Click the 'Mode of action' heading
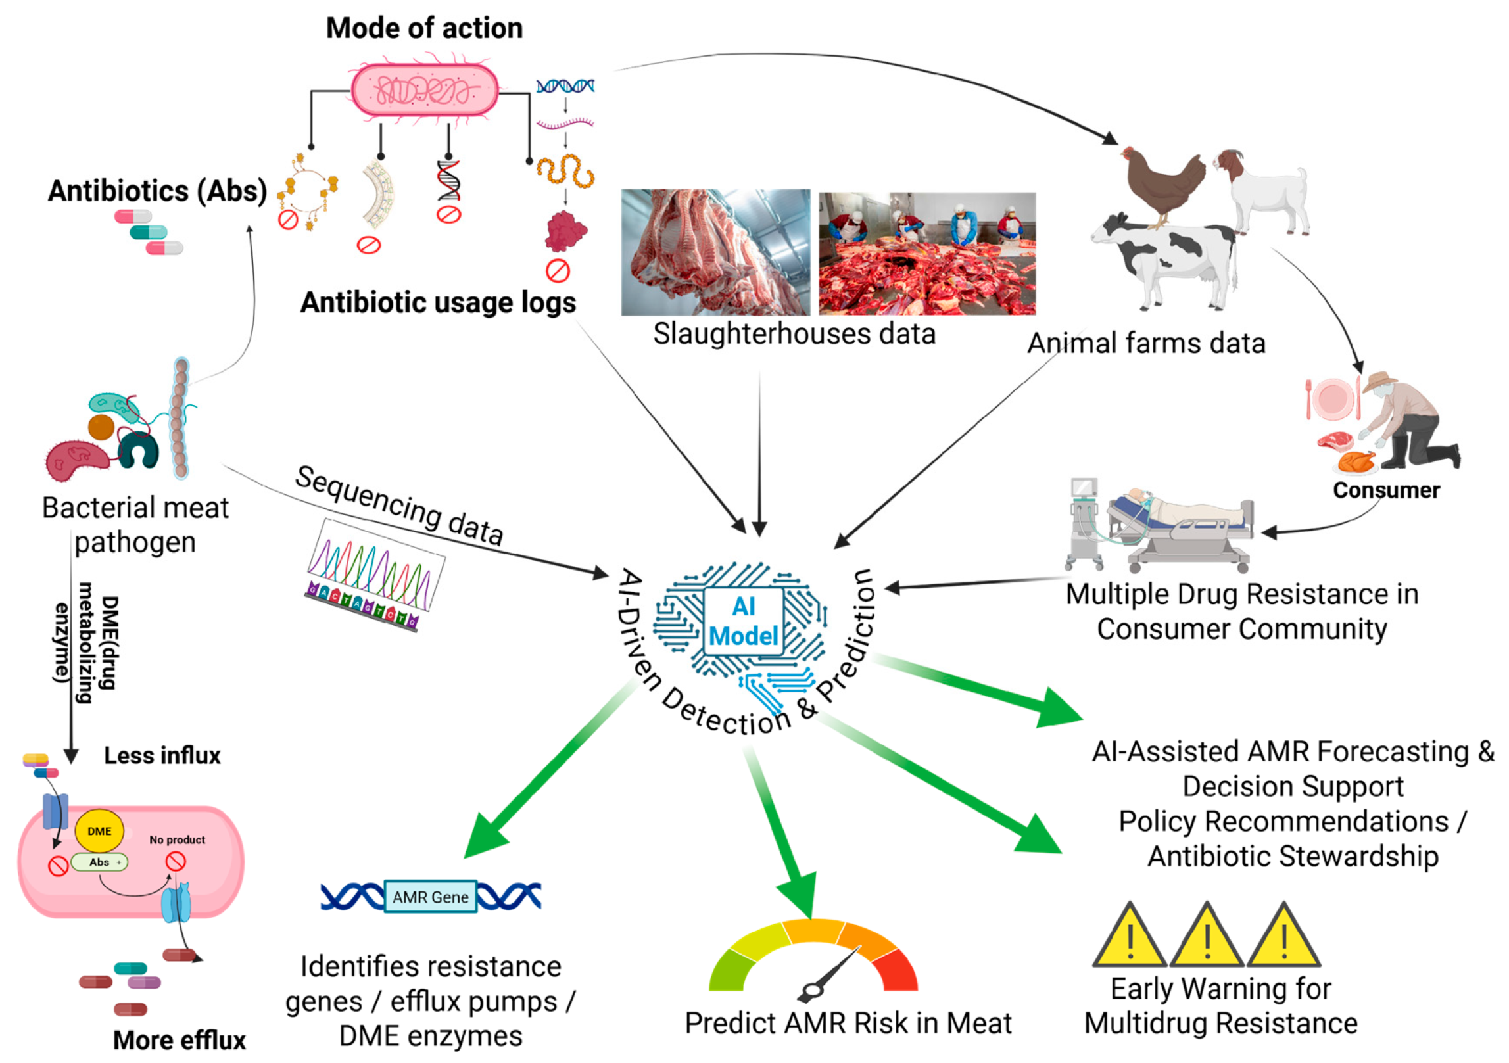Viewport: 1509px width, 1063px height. pos(424,28)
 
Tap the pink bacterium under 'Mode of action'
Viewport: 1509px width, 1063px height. pos(424,90)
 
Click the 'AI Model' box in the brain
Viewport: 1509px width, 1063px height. pos(743,621)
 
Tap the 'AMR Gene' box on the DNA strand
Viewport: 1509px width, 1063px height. pos(431,897)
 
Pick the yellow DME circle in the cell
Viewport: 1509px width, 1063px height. pos(99,831)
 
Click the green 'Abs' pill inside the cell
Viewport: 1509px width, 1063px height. pos(99,862)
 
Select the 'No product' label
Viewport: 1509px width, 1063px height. pos(177,839)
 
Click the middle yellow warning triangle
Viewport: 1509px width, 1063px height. pos(1207,935)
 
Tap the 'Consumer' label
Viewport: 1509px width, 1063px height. pos(1386,490)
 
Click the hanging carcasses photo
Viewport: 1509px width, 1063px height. pos(715,252)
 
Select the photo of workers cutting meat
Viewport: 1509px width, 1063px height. pos(927,254)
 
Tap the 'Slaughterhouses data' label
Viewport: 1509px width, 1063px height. pos(794,334)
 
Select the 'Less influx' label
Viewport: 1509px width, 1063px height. pos(162,755)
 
